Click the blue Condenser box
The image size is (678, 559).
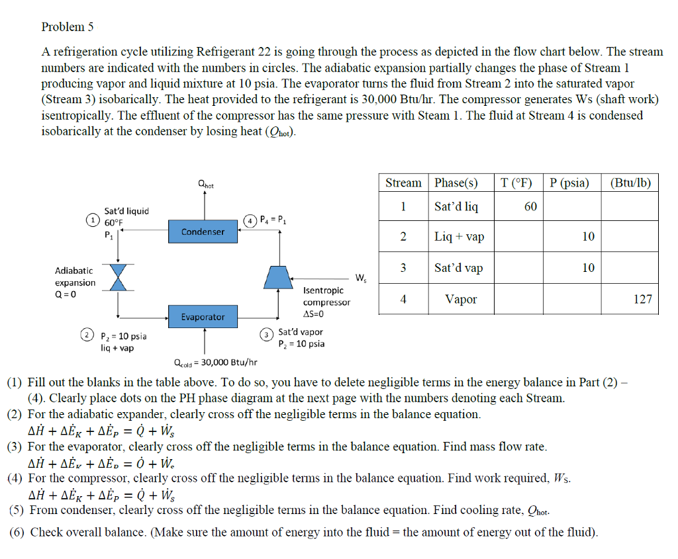203,232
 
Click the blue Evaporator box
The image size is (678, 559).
203,317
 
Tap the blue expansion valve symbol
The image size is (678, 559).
118,277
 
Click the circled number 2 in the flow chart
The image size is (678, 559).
87,336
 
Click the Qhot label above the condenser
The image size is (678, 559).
206,186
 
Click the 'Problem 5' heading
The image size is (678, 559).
68,27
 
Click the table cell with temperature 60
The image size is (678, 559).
530,206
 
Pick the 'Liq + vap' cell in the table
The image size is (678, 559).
460,237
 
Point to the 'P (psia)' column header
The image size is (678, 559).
569,183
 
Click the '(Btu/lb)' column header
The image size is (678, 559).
630,183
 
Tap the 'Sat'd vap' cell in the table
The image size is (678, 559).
458,268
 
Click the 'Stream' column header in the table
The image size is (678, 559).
403,183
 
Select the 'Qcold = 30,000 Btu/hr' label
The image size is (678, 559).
215,362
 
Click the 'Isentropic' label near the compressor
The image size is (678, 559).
323,290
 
